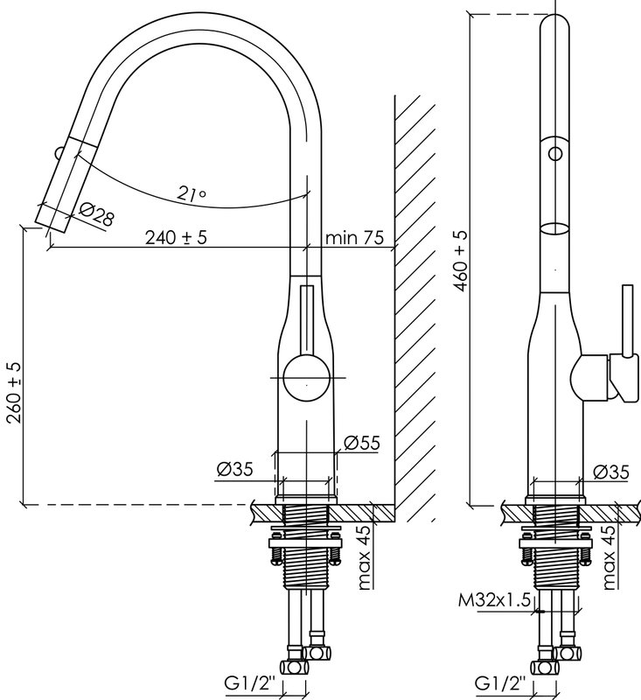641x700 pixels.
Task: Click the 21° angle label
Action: (x=191, y=192)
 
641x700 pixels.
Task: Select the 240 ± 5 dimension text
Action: (x=176, y=237)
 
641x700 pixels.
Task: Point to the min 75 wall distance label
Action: (x=354, y=237)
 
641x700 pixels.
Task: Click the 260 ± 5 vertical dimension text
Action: (x=14, y=392)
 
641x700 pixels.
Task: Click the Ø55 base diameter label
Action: (x=362, y=443)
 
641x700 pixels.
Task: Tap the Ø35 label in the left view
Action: (x=234, y=469)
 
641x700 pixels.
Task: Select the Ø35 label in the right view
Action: (x=610, y=472)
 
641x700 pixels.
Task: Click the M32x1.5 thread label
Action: (x=494, y=600)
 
